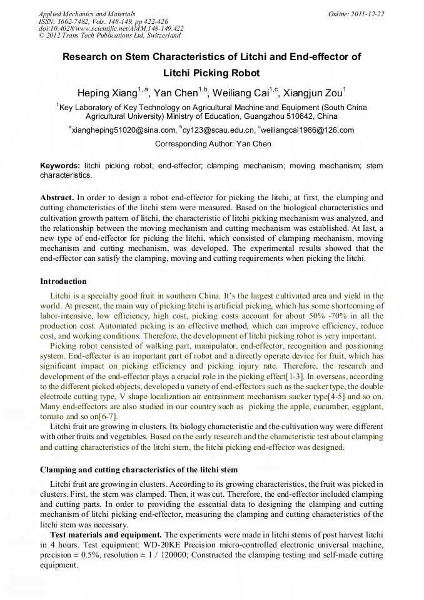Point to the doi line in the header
click(111, 28)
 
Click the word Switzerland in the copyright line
click(159, 36)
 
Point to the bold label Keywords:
click(59, 166)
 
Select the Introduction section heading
click(63, 282)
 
